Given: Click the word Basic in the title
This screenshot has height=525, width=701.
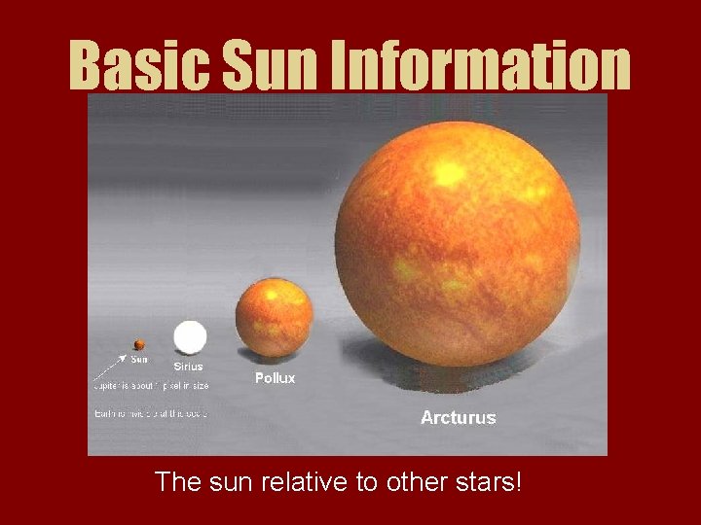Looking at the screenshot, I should pos(137,66).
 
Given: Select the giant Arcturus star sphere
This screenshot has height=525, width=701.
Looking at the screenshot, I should pos(458,243).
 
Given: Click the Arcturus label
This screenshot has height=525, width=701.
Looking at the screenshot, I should pos(458,418).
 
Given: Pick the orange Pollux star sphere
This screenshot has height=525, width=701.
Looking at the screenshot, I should pos(275,315).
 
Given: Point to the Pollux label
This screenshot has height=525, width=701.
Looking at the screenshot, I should pos(275,377).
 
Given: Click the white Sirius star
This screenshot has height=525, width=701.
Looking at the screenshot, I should pos(190,338).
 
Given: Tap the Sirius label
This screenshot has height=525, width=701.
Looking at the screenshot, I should pos(190,367).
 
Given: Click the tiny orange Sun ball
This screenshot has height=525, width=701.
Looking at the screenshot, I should pos(139,344).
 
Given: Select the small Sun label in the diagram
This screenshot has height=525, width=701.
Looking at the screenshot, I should pos(140,359).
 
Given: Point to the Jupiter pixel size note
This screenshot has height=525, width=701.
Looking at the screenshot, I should pos(151,386).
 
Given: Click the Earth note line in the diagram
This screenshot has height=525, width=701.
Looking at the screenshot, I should pos(151,413).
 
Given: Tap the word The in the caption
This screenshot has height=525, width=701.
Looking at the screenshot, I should pos(176,481).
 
